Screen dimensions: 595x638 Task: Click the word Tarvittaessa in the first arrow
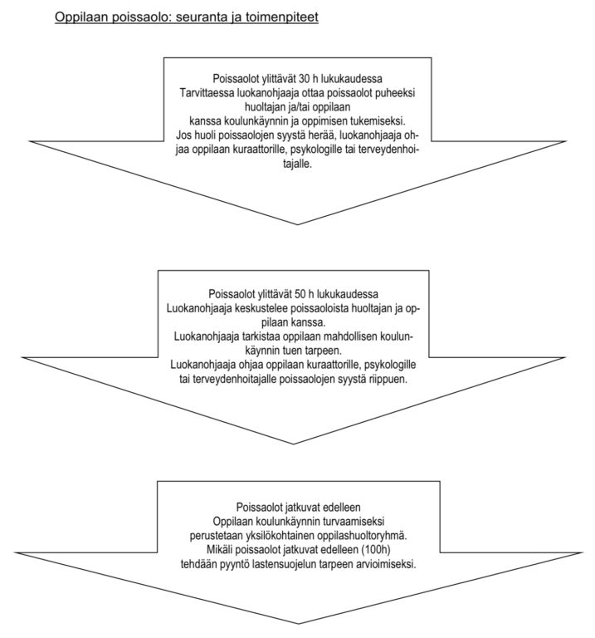pyautogui.click(x=207, y=93)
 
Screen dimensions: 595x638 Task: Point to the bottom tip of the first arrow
pyautogui.click(x=297, y=224)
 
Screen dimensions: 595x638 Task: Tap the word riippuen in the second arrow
pyautogui.click(x=389, y=379)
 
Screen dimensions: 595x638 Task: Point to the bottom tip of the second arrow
pyautogui.click(x=294, y=444)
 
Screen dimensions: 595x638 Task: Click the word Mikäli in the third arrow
pyautogui.click(x=218, y=550)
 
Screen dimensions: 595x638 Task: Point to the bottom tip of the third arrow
pyautogui.click(x=299, y=635)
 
